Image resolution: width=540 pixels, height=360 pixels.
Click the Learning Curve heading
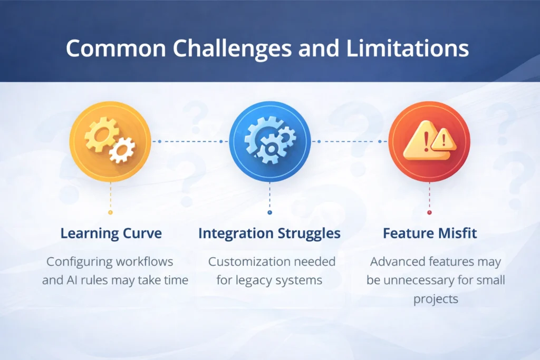[x=110, y=233]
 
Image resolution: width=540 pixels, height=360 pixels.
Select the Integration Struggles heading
[x=269, y=233]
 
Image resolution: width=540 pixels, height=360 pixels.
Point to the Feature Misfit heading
[x=429, y=233]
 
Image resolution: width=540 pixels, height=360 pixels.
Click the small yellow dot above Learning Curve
[x=110, y=212]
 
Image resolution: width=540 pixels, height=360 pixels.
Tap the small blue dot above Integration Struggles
[x=269, y=212]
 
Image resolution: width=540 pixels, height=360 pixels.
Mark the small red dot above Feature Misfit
[x=429, y=212]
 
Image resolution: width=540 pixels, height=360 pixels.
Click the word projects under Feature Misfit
[x=436, y=299]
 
